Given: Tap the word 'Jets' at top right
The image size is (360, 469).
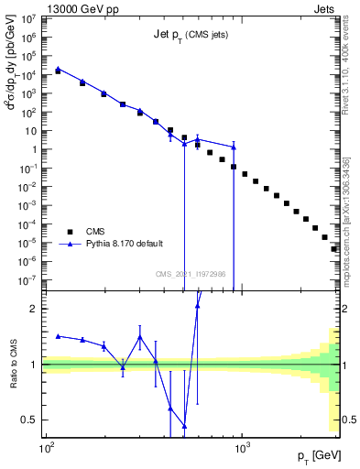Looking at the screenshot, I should (326, 8).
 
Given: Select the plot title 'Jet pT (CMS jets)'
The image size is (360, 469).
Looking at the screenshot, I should (191, 35).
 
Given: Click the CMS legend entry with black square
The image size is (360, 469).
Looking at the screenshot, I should (86, 232).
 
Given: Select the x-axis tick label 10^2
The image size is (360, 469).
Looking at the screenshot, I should (46, 449).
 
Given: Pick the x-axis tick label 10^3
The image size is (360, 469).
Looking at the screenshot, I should (243, 449).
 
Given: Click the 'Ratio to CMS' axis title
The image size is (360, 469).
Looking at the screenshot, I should (13, 364).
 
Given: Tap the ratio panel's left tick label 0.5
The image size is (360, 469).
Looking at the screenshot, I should (30, 420).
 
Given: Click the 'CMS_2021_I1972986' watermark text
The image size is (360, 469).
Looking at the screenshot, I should (191, 274).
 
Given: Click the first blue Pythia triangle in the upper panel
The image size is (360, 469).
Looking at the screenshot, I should (58, 69).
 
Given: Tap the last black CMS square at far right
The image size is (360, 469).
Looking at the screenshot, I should (335, 248).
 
